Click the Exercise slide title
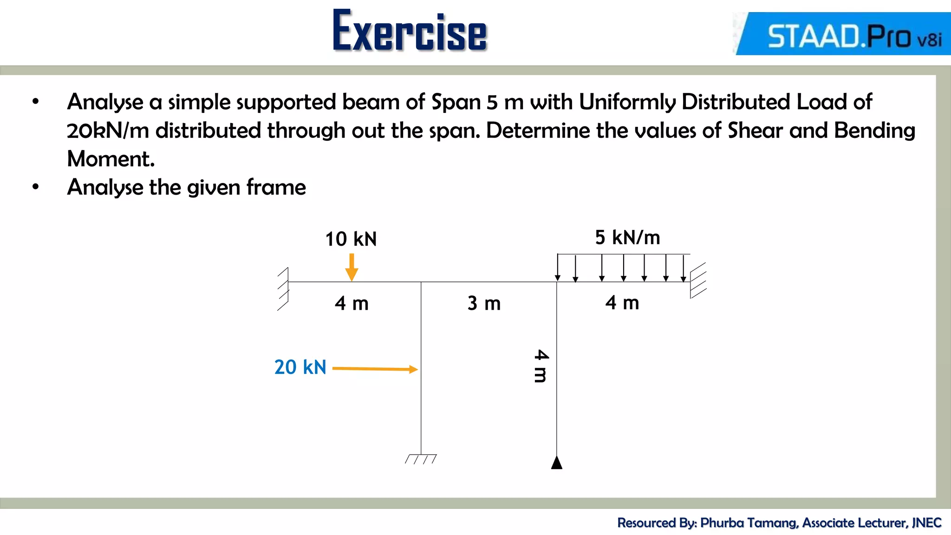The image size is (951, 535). point(410,31)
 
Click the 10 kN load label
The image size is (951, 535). point(351,239)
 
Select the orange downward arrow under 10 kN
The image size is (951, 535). point(352,267)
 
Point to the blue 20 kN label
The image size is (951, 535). point(300,367)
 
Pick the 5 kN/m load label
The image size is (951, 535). point(627,238)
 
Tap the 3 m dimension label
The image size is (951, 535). point(484,304)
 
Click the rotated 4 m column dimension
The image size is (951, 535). point(541,366)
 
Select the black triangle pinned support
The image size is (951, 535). point(557,463)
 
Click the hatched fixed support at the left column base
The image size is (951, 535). point(421,459)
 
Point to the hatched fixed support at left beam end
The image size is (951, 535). point(283,289)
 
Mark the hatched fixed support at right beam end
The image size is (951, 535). point(698,281)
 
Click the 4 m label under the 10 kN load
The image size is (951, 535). point(352,304)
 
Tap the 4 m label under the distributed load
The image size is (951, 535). point(622,303)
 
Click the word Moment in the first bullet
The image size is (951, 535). point(111,159)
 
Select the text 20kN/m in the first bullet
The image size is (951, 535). point(108,130)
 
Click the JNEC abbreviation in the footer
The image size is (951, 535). point(926,523)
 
